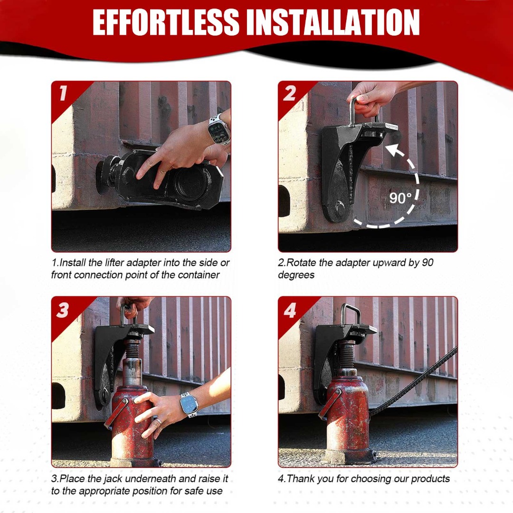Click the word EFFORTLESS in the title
166,22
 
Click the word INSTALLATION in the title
332,22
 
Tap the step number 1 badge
63,93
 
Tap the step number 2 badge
290,93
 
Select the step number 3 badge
63,310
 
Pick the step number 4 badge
290,310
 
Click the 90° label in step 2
400,198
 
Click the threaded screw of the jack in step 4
347,355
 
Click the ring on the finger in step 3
158,421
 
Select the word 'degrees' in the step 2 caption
296,275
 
